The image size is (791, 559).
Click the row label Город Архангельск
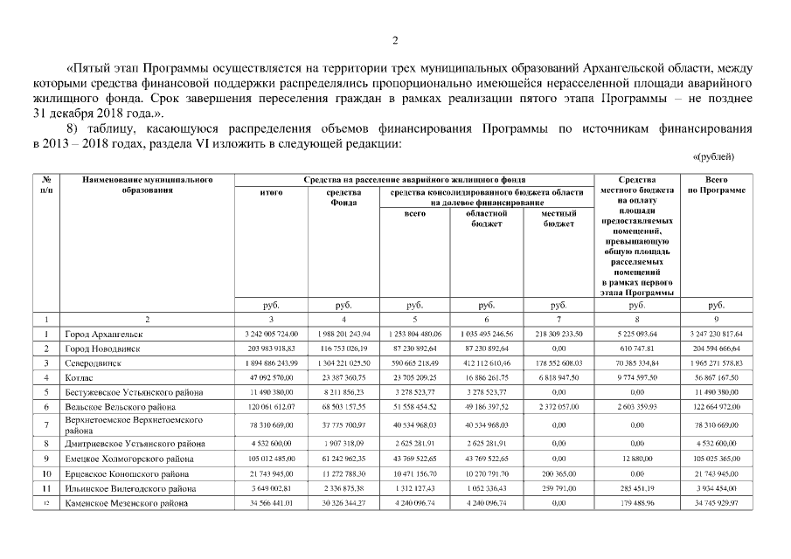click(x=104, y=334)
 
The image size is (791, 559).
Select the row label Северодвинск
click(x=94, y=362)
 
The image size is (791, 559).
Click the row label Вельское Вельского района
click(x=119, y=407)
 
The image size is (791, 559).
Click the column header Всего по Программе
click(x=716, y=184)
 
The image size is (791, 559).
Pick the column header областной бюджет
click(x=486, y=217)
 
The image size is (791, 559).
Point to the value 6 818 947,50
click(x=559, y=377)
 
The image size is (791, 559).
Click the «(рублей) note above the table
click(x=712, y=157)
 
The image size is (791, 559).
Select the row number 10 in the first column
click(x=45, y=473)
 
